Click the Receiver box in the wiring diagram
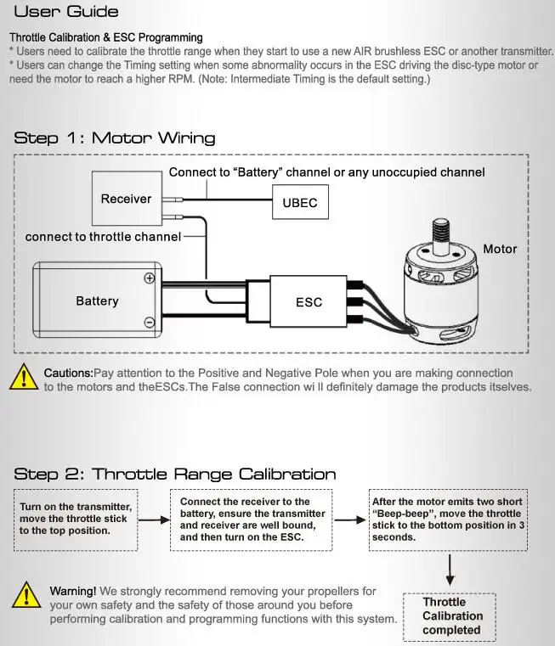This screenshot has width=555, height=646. tap(126, 199)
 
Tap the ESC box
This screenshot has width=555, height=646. tap(309, 301)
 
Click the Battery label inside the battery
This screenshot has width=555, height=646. tap(97, 301)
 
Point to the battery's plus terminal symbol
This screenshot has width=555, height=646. tap(150, 278)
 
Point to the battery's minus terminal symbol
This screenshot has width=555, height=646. tap(150, 322)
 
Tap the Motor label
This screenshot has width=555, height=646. tap(500, 249)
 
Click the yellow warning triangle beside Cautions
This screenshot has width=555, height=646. tap(24, 377)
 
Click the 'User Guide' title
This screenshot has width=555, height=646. tap(67, 12)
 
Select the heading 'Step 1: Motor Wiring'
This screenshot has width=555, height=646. tap(115, 138)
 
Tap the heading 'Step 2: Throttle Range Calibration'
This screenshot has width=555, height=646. tap(175, 474)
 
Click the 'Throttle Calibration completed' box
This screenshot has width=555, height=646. tap(451, 616)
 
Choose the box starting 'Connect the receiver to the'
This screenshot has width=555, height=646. tap(252, 519)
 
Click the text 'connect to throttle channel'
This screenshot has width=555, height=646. tap(103, 236)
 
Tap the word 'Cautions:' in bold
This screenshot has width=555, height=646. tap(68, 373)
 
